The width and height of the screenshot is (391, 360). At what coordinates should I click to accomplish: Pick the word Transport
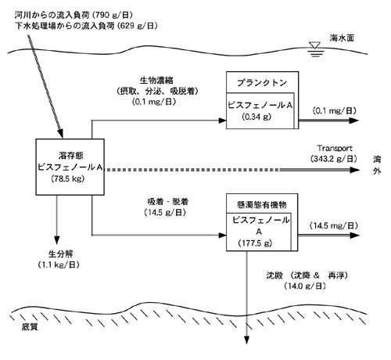[x=335, y=148]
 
